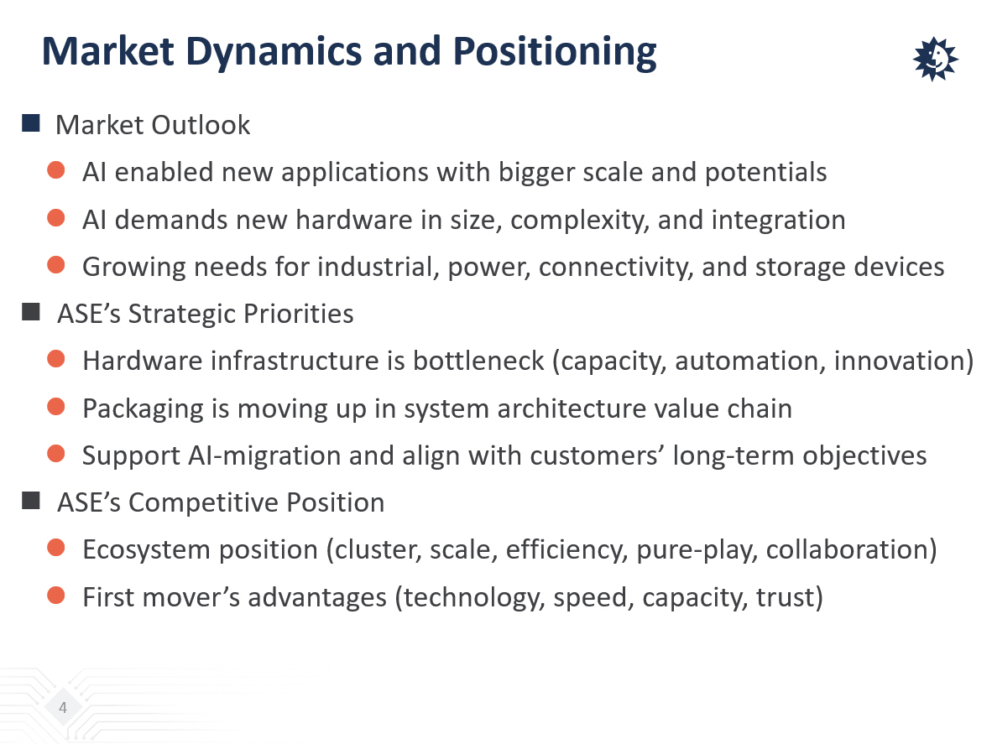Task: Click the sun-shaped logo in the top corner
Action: [935, 59]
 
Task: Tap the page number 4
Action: [63, 707]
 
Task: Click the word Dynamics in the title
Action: [274, 53]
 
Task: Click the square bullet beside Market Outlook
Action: [30, 122]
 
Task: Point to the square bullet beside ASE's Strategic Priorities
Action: [30, 312]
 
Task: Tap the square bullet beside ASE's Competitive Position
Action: [30, 501]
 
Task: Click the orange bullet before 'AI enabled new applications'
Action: [56, 170]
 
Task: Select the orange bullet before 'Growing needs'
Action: [56, 265]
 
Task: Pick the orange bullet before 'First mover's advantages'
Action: [56, 596]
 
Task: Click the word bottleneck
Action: [478, 361]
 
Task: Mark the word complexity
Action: [580, 221]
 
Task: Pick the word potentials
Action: [765, 173]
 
